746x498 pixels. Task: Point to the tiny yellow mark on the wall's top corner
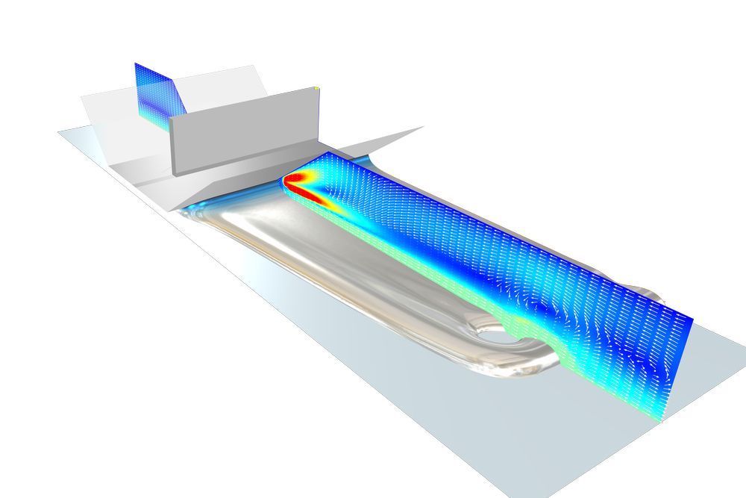(x=317, y=89)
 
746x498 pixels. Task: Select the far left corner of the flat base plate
(x=60, y=133)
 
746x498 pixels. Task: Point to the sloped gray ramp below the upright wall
(x=224, y=179)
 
